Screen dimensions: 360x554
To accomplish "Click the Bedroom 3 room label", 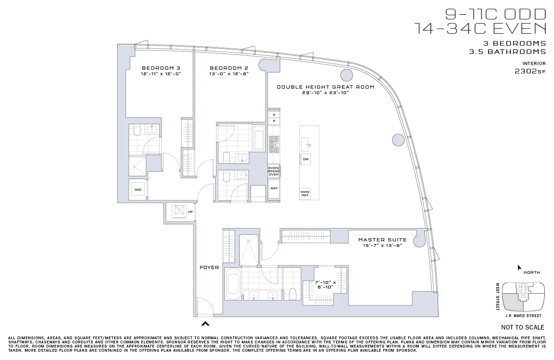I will [161, 67].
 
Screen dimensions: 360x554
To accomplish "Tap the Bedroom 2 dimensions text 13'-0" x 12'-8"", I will [229, 73].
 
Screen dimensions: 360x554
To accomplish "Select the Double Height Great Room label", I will [325, 87].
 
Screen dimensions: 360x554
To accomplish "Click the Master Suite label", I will [382, 240].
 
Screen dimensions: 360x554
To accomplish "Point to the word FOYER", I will [209, 267].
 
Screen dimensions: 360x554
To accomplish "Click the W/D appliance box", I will [138, 190].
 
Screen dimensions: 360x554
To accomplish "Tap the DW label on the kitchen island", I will [306, 159].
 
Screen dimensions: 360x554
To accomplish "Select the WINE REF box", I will [305, 193].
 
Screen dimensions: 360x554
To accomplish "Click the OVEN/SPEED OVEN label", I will [274, 171].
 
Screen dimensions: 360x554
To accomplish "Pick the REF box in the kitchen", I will [274, 188].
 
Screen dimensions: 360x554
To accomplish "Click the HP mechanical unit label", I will [190, 212].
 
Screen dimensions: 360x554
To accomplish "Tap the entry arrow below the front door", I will [205, 324].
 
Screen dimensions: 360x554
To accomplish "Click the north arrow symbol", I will [520, 267].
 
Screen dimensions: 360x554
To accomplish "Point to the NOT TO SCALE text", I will [523, 327].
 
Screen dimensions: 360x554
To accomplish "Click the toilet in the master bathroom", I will [292, 294].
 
